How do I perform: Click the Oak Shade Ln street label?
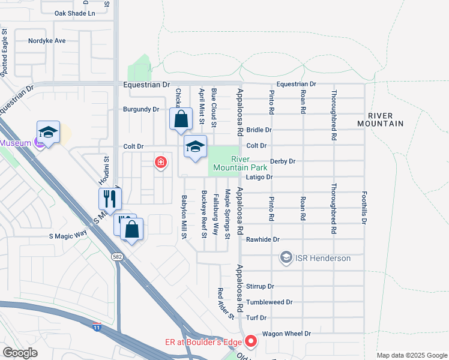coord(74,13)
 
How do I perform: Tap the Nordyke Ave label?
coord(47,41)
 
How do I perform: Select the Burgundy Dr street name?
coord(140,109)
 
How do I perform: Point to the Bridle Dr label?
coord(259,130)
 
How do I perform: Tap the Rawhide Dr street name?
coord(267,239)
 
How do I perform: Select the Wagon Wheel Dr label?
coord(286,334)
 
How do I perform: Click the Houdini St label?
coord(104,171)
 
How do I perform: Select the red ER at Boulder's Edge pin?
coord(251,342)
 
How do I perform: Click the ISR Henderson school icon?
coord(286,258)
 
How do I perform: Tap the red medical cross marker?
coord(160,162)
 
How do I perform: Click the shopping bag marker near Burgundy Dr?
coord(181,119)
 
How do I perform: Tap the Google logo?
coord(20,353)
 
